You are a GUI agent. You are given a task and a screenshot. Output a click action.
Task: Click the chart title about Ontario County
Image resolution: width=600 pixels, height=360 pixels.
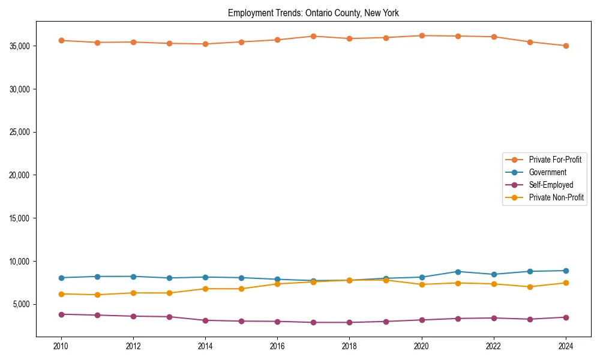click(x=313, y=13)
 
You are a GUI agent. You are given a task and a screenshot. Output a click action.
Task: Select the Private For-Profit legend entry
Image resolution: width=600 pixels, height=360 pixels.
click(x=555, y=160)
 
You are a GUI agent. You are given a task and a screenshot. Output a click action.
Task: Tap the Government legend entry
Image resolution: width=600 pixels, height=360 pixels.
click(x=547, y=172)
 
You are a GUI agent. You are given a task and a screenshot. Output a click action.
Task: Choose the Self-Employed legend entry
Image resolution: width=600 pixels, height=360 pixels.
click(x=551, y=185)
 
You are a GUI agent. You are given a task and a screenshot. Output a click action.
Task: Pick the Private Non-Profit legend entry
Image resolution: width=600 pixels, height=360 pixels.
click(x=556, y=197)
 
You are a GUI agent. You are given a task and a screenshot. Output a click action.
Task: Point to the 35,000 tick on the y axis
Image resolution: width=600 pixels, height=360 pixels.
click(x=22, y=46)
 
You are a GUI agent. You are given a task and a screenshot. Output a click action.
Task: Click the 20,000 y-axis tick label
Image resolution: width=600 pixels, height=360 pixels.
click(x=22, y=175)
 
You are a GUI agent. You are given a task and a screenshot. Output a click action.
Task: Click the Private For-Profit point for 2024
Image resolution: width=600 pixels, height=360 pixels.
click(x=566, y=46)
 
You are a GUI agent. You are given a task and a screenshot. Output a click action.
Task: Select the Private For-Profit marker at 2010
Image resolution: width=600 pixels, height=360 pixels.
click(x=61, y=40)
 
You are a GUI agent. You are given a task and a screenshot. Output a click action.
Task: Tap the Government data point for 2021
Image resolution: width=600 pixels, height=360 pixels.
click(x=458, y=272)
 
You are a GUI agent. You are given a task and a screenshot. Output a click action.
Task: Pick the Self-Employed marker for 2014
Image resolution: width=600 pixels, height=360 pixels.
click(x=205, y=320)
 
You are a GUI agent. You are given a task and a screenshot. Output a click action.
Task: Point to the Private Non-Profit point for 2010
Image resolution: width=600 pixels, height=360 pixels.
click(x=61, y=294)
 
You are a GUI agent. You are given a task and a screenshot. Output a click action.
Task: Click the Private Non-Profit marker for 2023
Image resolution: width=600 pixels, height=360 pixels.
click(x=530, y=287)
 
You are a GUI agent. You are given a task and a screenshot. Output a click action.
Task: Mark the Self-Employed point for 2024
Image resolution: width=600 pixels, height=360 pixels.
click(x=566, y=317)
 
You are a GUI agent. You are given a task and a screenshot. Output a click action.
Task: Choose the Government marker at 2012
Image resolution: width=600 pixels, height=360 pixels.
click(x=133, y=277)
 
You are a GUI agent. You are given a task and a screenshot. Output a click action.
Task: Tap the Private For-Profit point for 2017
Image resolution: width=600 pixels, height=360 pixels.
click(x=313, y=36)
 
